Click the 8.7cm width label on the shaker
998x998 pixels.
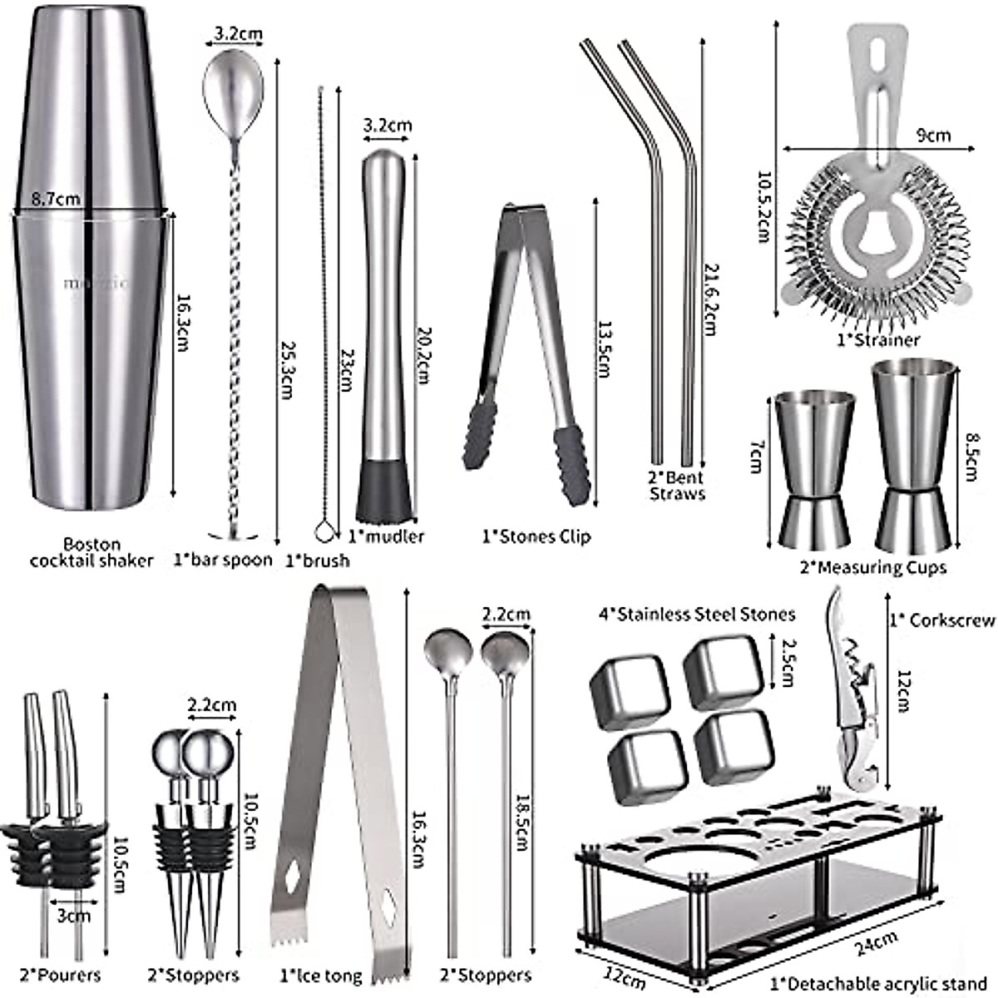(57, 200)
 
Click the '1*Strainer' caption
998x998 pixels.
(878, 339)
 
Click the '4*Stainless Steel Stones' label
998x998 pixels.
(696, 615)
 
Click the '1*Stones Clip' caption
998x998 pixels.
(536, 536)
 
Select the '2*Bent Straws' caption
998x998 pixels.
(677, 485)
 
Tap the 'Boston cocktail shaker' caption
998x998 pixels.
(91, 552)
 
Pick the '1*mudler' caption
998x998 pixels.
(386, 536)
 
